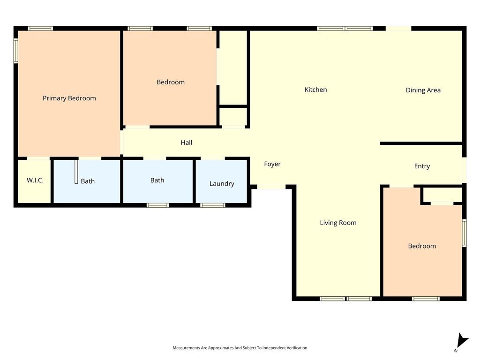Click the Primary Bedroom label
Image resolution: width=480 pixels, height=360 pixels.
click(x=69, y=98)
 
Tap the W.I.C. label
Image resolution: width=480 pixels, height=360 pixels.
click(x=35, y=180)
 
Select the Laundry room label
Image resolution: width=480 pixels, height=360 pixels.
click(x=222, y=184)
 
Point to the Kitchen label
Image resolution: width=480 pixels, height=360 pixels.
click(x=315, y=90)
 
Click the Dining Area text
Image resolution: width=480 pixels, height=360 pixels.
click(x=423, y=90)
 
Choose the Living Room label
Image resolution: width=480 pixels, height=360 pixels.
click(x=338, y=223)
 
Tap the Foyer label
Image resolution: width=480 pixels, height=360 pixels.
click(x=272, y=164)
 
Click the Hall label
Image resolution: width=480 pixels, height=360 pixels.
click(x=187, y=142)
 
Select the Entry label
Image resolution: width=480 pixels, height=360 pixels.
click(x=422, y=166)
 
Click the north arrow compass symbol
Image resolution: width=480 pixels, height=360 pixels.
click(x=462, y=341)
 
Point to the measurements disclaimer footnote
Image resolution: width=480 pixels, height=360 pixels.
click(x=240, y=348)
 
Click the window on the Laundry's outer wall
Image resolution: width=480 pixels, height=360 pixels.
click(x=213, y=205)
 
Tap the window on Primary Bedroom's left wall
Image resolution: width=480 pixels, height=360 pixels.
click(x=15, y=51)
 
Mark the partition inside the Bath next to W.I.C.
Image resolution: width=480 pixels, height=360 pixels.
click(x=76, y=171)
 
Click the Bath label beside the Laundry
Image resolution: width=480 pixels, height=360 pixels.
click(x=157, y=180)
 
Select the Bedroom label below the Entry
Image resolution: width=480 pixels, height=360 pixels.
click(x=422, y=246)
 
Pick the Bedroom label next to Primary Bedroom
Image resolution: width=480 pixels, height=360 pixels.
click(x=171, y=82)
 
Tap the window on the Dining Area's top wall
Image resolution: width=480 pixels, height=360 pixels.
click(x=398, y=29)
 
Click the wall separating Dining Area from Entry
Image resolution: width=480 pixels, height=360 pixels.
click(x=421, y=143)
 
